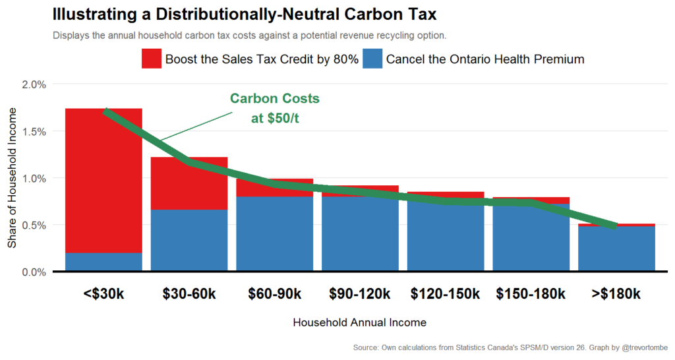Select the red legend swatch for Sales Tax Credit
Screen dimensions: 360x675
click(x=151, y=59)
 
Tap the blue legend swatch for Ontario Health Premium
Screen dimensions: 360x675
click(x=372, y=59)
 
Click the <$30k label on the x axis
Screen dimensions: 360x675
click(x=103, y=294)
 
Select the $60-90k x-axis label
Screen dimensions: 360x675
click(x=275, y=294)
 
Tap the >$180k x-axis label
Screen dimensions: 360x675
click(x=616, y=294)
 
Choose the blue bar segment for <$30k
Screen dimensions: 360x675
click(x=103, y=262)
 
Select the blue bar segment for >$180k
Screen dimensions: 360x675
click(x=616, y=249)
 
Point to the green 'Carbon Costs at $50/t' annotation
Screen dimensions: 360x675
click(x=275, y=108)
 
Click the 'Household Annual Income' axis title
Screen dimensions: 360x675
click(x=359, y=323)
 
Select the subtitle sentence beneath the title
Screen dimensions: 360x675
click(x=249, y=35)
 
